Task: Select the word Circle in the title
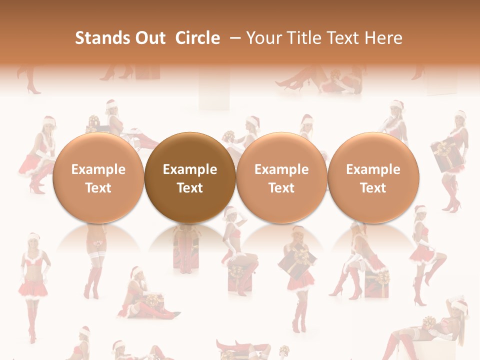click(197, 38)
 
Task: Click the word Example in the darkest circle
click(190, 169)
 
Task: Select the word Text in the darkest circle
click(190, 188)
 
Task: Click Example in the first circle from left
click(98, 169)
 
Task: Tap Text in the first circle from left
click(98, 188)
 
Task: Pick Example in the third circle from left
click(281, 169)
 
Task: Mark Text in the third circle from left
click(281, 188)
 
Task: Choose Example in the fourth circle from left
click(373, 169)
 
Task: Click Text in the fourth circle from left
click(373, 188)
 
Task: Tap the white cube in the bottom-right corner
click(430, 345)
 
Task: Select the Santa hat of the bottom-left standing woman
click(33, 236)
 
